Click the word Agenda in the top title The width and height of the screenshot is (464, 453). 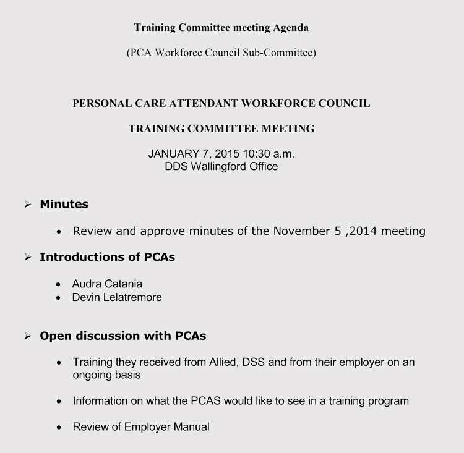pyautogui.click(x=289, y=28)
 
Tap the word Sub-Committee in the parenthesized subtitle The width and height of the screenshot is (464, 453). pyautogui.click(x=284, y=53)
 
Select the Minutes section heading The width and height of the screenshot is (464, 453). pyautogui.click(x=64, y=204)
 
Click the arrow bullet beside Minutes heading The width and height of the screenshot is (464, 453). pyautogui.click(x=28, y=205)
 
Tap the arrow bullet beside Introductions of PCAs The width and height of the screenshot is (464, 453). pyautogui.click(x=28, y=257)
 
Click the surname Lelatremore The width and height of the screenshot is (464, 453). pyautogui.click(x=133, y=297)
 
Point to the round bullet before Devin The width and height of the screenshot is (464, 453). pyautogui.click(x=58, y=298)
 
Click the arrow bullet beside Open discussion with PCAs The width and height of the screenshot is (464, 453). pyautogui.click(x=28, y=336)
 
